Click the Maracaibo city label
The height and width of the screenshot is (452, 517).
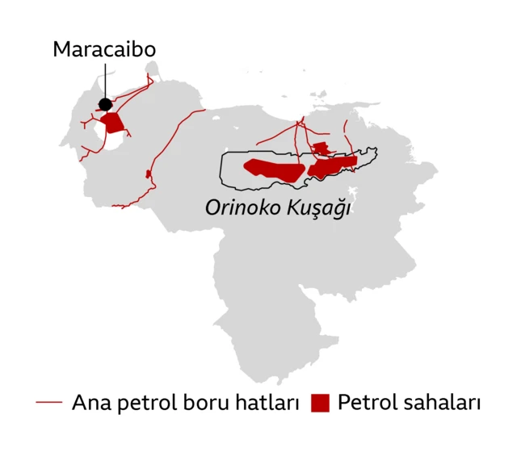click(x=104, y=49)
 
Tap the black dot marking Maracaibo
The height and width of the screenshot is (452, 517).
click(x=105, y=104)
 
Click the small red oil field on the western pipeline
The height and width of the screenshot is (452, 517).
click(x=148, y=174)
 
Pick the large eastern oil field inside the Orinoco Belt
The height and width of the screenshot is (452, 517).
click(x=331, y=166)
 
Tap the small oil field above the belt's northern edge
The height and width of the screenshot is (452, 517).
click(x=321, y=148)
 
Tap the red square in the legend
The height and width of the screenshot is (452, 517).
click(x=322, y=402)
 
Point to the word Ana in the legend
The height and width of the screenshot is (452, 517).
click(x=89, y=401)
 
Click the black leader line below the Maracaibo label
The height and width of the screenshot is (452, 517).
click(x=105, y=81)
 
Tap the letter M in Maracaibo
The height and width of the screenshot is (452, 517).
click(x=62, y=49)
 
